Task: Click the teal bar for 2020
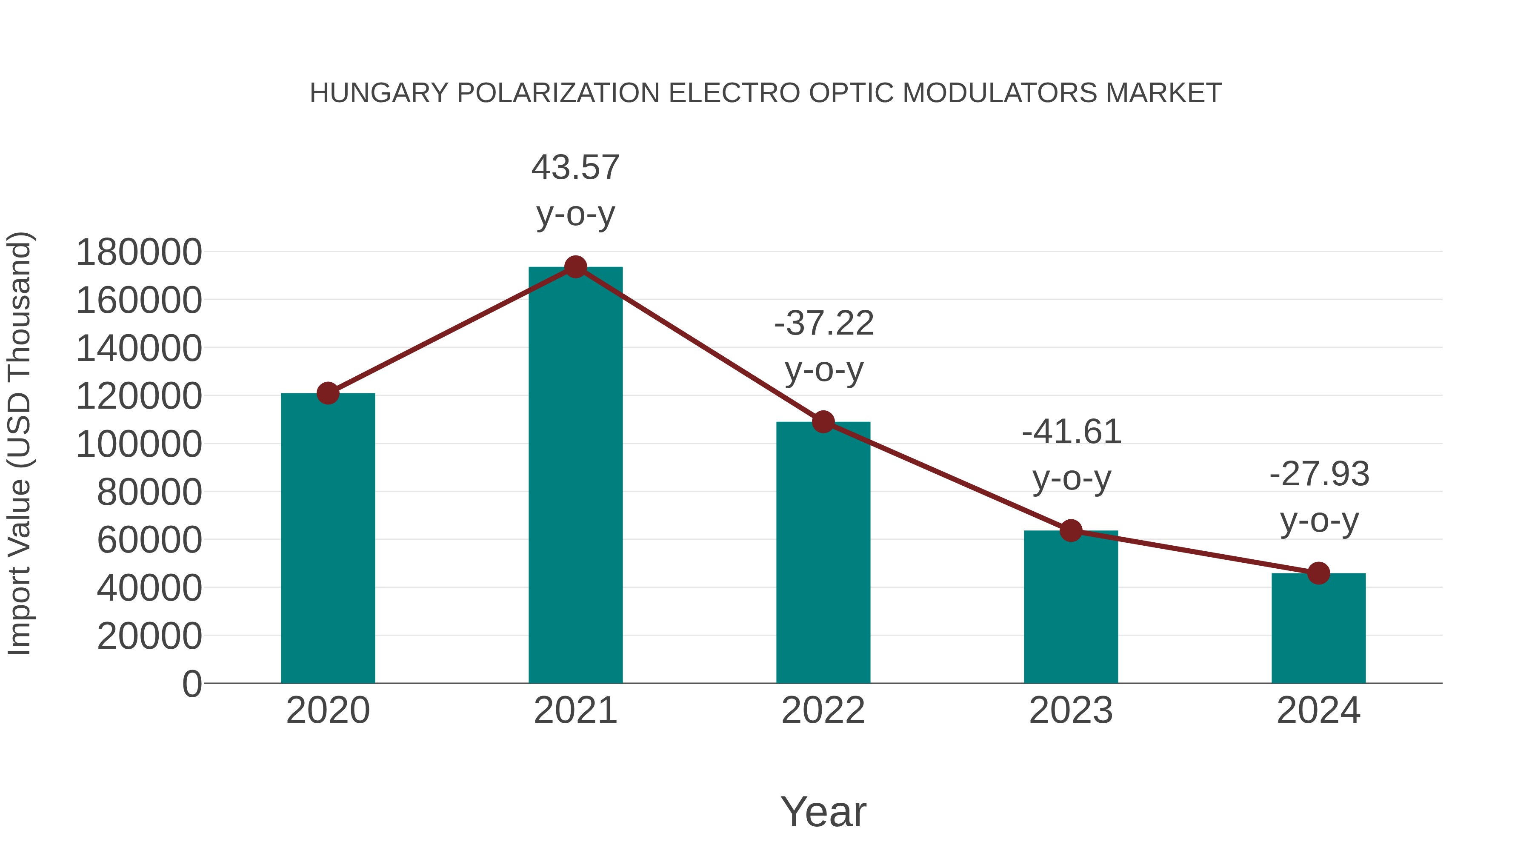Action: [x=328, y=538]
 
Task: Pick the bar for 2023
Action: [x=1071, y=607]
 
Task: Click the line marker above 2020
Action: [x=328, y=393]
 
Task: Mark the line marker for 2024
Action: [x=1318, y=573]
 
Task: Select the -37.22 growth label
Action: [x=824, y=324]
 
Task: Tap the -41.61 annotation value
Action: [x=1071, y=432]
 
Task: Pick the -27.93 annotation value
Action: [x=1319, y=475]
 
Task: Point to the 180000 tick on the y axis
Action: [x=139, y=252]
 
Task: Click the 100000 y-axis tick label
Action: [x=139, y=444]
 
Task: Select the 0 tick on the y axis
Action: [x=191, y=684]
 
